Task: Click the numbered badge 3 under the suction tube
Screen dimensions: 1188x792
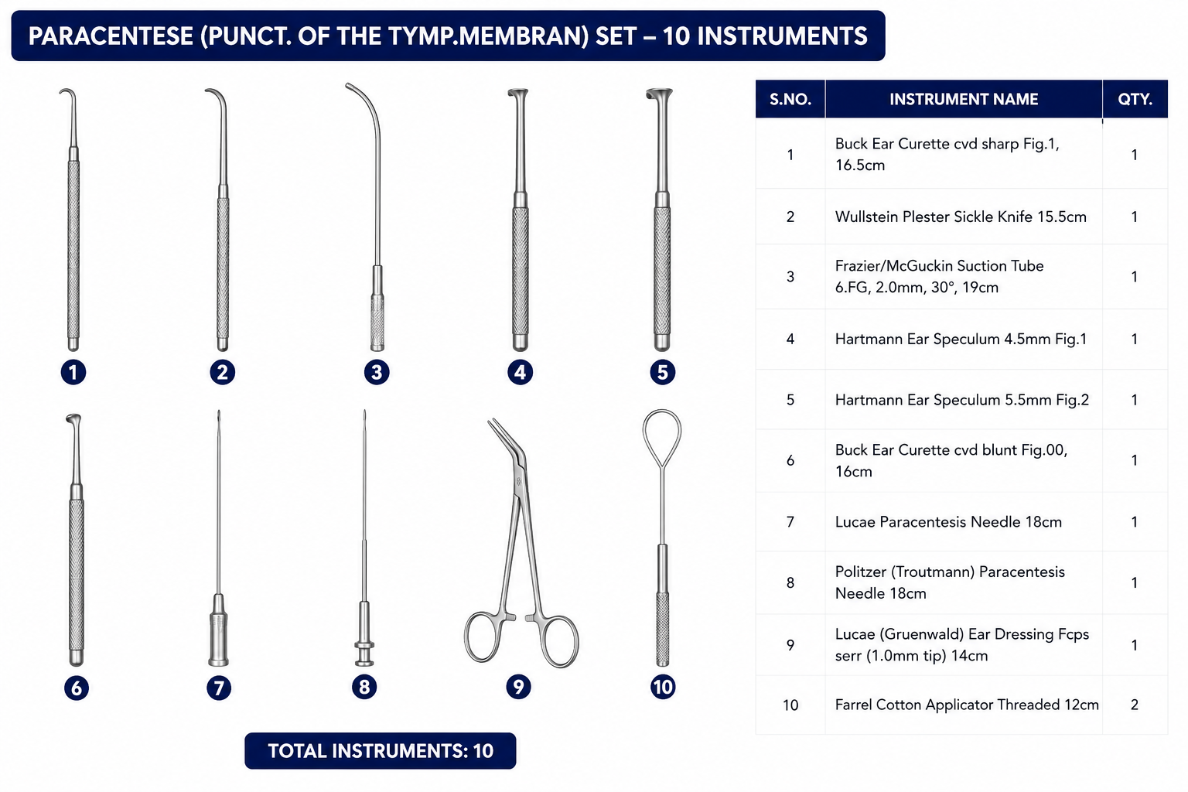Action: click(x=377, y=372)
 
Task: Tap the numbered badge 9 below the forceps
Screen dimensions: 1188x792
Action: click(x=518, y=687)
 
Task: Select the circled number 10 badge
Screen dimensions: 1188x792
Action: click(x=662, y=687)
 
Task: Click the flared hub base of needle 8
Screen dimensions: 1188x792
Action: click(x=364, y=653)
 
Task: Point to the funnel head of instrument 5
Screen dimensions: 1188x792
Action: click(x=659, y=95)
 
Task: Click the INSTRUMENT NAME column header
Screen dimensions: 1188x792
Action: click(x=963, y=99)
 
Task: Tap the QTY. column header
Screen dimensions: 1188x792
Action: click(x=1135, y=99)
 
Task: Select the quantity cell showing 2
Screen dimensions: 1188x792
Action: click(x=1135, y=705)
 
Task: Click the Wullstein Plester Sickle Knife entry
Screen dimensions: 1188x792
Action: click(x=961, y=217)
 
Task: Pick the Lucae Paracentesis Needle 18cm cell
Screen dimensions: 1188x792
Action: click(x=948, y=521)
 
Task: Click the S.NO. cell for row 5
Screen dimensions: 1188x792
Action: click(x=790, y=399)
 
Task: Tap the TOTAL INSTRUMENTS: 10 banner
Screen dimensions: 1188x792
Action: click(x=381, y=751)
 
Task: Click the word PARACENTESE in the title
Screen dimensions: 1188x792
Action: click(x=111, y=36)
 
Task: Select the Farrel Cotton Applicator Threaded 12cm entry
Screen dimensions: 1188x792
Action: click(x=966, y=705)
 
